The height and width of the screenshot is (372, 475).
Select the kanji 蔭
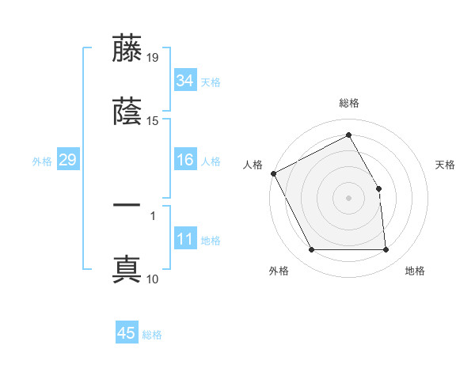127,112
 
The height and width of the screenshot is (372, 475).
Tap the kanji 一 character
127,205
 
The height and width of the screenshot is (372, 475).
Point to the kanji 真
127,269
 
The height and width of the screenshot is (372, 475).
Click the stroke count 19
153,57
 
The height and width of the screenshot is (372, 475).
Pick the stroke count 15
153,121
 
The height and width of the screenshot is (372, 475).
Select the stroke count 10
153,279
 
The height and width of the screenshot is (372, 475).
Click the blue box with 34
184,81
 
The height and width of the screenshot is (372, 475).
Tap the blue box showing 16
184,161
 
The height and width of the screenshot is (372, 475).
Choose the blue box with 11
184,240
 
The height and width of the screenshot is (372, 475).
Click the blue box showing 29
67,161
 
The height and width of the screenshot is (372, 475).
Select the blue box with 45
127,333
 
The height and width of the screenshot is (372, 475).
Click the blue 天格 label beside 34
211,82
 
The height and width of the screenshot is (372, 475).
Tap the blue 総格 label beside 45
153,334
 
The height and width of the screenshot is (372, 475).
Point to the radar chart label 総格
349,103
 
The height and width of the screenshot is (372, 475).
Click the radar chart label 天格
446,165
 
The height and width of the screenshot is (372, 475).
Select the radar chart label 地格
415,271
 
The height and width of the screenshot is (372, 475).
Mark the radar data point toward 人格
273,173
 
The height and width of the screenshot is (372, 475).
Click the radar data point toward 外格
312,250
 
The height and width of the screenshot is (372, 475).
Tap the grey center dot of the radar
349,198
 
